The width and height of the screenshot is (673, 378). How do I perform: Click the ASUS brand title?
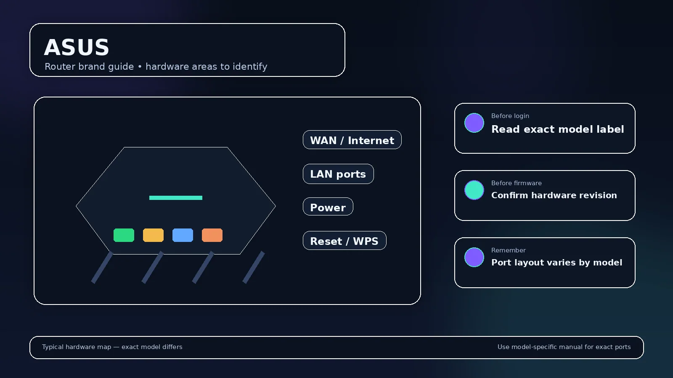[77, 47]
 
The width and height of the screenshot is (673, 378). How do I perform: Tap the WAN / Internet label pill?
[352, 140]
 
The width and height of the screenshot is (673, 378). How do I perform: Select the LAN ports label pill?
[338, 174]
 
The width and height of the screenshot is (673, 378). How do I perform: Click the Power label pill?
[328, 207]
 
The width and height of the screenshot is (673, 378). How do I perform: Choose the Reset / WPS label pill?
[344, 241]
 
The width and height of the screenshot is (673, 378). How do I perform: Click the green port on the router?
[124, 235]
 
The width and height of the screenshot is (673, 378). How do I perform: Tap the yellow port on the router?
[153, 235]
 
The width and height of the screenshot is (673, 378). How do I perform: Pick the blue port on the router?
[183, 235]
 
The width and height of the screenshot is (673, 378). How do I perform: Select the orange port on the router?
[212, 235]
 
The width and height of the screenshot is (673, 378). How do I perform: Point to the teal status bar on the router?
[176, 198]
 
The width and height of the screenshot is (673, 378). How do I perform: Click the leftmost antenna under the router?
[102, 267]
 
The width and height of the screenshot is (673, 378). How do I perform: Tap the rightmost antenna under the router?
[254, 267]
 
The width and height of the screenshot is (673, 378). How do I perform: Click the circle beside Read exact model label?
[474, 123]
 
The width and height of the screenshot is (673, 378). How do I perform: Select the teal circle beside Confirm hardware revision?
[474, 190]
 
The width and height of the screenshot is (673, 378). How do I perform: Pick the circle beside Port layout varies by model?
[474, 257]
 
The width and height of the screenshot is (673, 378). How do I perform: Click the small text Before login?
[510, 116]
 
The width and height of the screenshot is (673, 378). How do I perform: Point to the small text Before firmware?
[517, 183]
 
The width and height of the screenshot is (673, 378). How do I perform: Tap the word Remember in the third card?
[509, 250]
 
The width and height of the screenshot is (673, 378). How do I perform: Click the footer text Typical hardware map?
[77, 347]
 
